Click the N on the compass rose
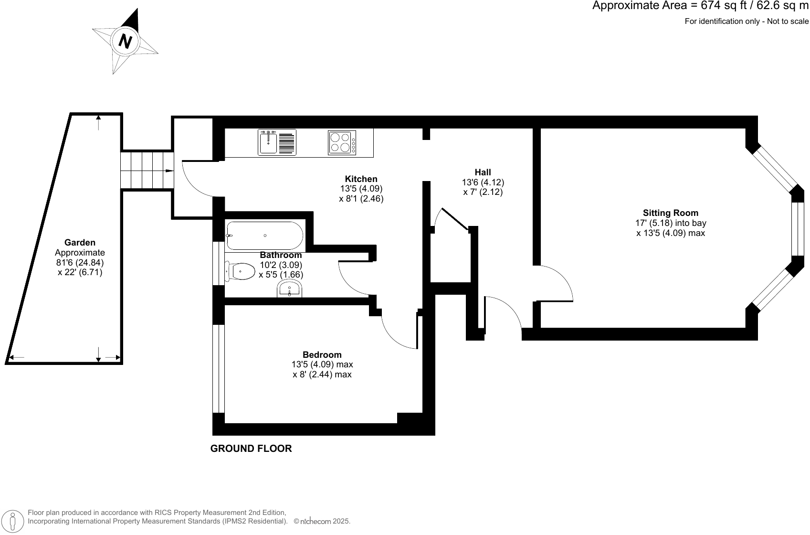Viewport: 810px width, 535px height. pyautogui.click(x=125, y=42)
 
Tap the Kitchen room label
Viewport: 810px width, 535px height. pyautogui.click(x=361, y=179)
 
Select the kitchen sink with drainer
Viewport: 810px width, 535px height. pyautogui.click(x=277, y=142)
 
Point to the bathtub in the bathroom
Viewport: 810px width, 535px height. pyautogui.click(x=264, y=235)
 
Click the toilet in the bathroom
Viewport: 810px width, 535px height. pyautogui.click(x=241, y=271)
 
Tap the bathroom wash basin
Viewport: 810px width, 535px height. pyautogui.click(x=289, y=289)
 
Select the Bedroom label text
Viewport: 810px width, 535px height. pyautogui.click(x=322, y=354)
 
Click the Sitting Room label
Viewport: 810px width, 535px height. pyautogui.click(x=670, y=213)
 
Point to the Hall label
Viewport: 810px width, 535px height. pyautogui.click(x=483, y=172)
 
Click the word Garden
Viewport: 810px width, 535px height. pyautogui.click(x=80, y=243)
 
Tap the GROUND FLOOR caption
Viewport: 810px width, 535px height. pyautogui.click(x=251, y=449)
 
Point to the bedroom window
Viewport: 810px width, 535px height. pyautogui.click(x=218, y=368)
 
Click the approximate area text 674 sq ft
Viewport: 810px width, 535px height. pyautogui.click(x=700, y=6)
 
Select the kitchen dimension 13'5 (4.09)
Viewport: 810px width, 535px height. pyautogui.click(x=361, y=189)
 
